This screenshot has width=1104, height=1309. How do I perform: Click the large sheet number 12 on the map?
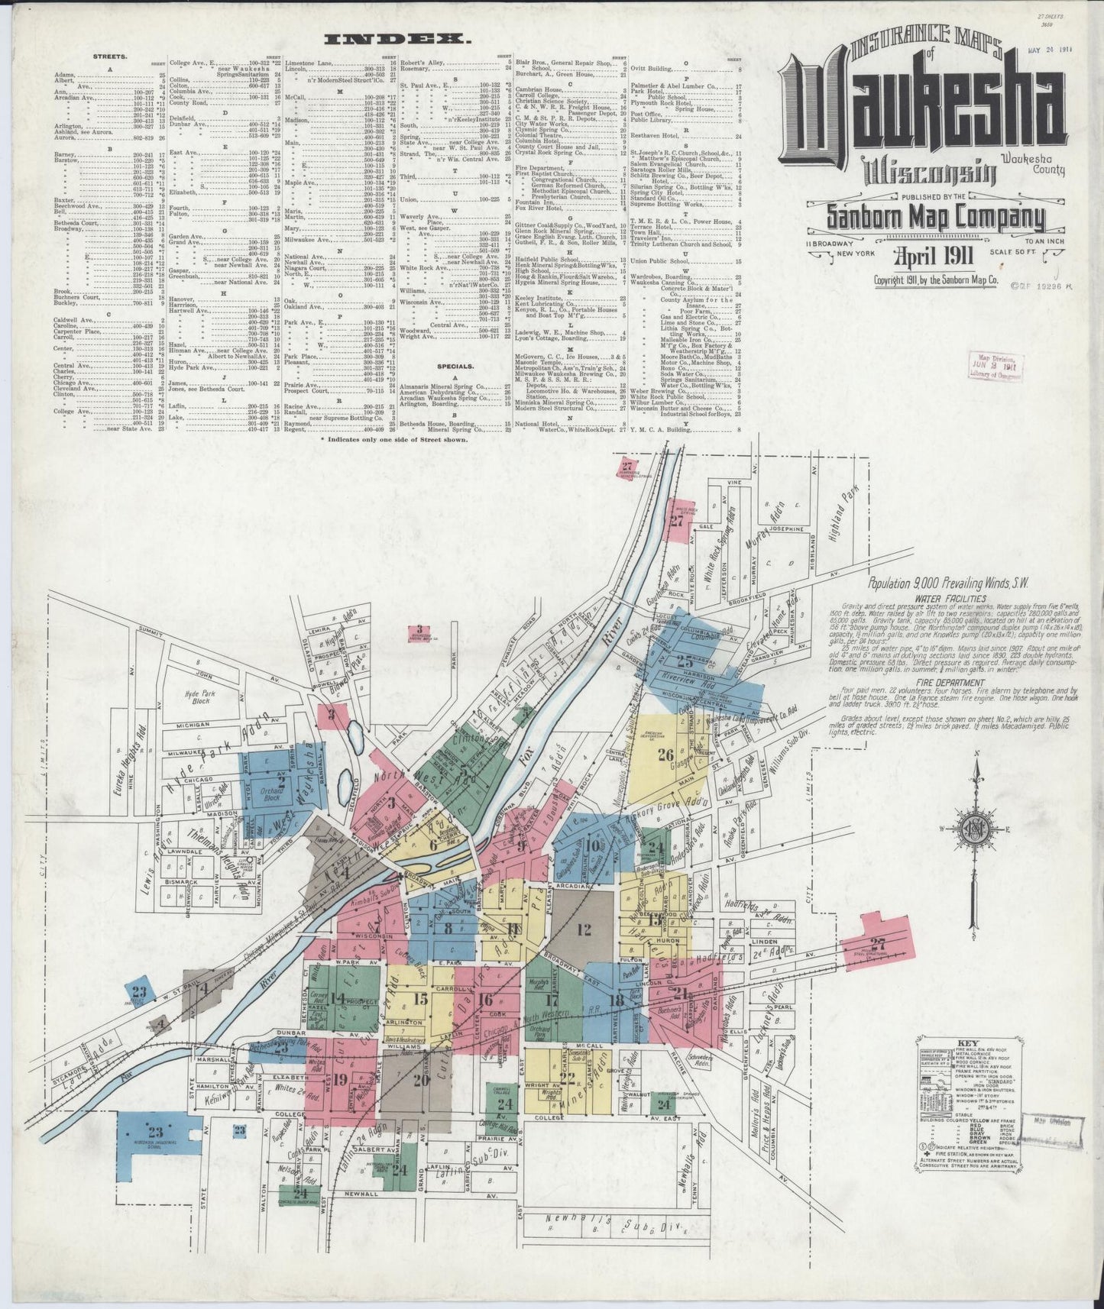click(584, 929)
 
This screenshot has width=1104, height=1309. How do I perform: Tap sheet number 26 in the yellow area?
click(665, 754)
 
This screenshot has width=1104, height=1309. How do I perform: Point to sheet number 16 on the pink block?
click(485, 1000)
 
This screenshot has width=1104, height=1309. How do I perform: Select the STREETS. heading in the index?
click(111, 57)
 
